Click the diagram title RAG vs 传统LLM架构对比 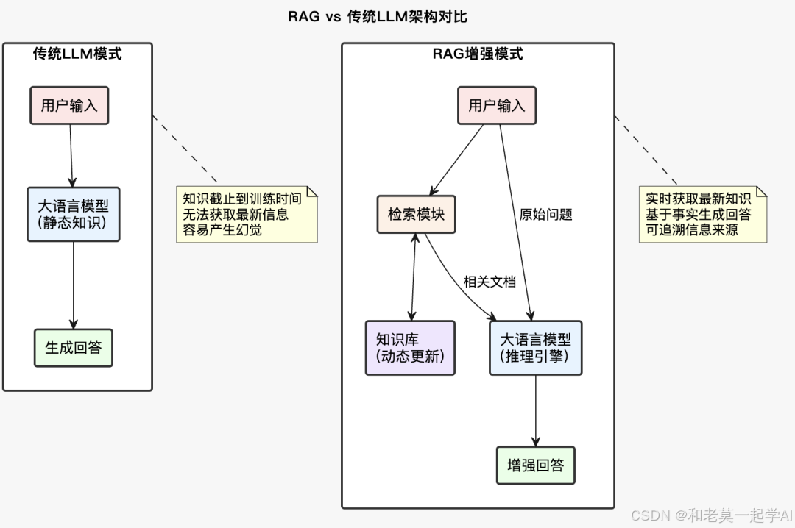tap(377, 16)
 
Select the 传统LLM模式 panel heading tap(77, 54)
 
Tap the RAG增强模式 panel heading tap(477, 54)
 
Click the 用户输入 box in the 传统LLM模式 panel tap(69, 105)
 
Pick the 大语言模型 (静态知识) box tap(73, 214)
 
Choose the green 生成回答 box tap(73, 348)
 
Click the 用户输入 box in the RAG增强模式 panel tap(497, 105)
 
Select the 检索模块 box tap(417, 214)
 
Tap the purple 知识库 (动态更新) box tap(410, 348)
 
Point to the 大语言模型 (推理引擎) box tap(535, 348)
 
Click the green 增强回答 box tap(535, 465)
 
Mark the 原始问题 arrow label tap(545, 215)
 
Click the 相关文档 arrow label tap(490, 282)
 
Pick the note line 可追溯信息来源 tap(691, 230)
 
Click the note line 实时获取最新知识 tap(698, 199)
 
